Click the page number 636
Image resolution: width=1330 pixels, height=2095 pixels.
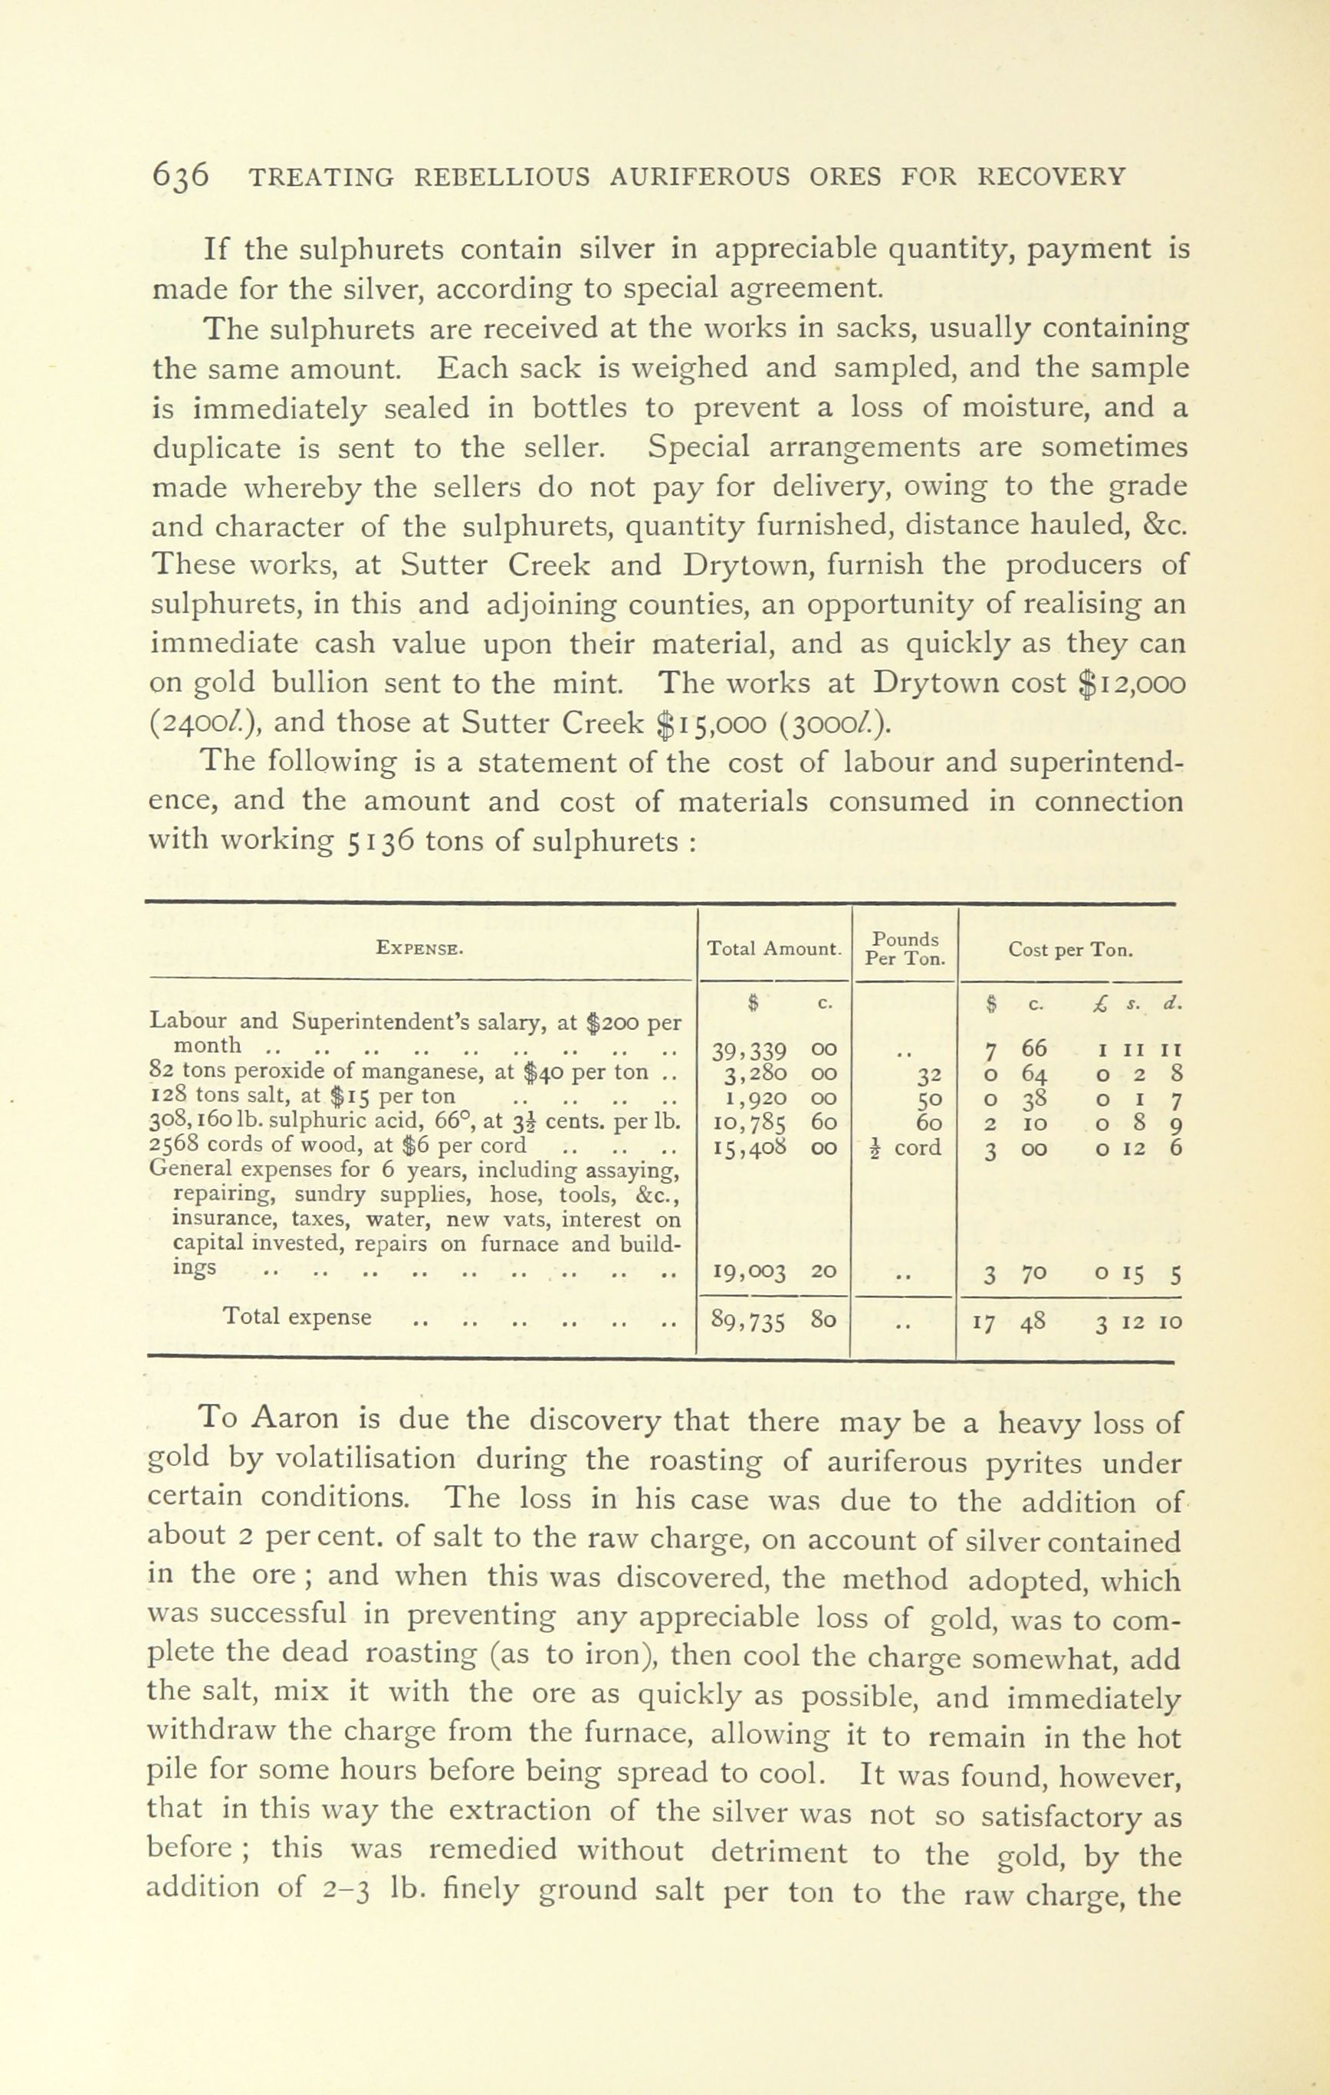click(181, 175)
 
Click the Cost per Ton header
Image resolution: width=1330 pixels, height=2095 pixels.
click(1069, 950)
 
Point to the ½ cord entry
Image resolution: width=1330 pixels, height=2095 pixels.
click(904, 1148)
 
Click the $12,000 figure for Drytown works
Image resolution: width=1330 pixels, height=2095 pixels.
click(1132, 683)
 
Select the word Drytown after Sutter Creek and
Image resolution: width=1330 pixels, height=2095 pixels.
click(737, 565)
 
